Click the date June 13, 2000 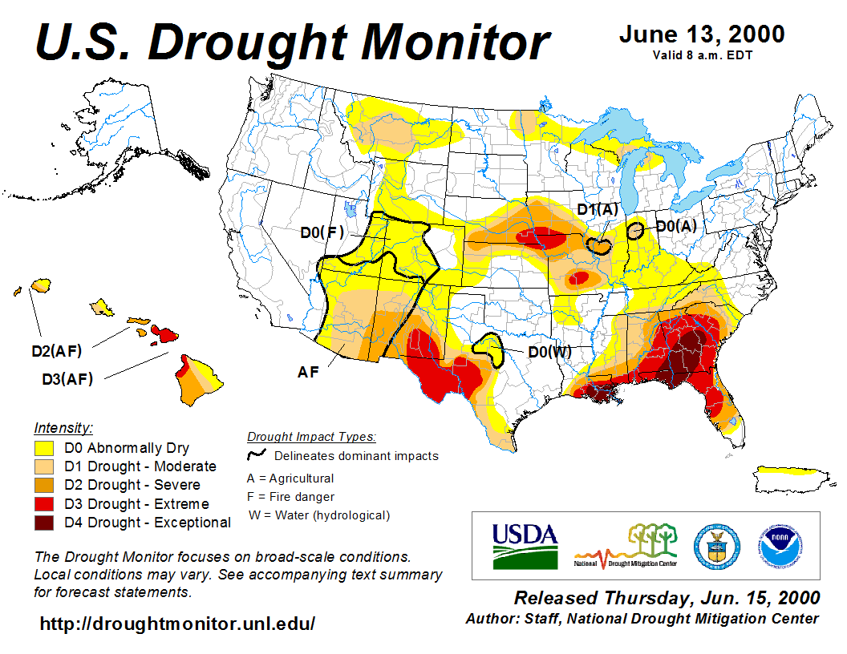(702, 35)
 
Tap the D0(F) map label (322, 232)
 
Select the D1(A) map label (598, 210)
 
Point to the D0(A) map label (675, 226)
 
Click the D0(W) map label (549, 351)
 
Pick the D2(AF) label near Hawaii (57, 350)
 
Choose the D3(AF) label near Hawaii (67, 379)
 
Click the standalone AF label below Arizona (310, 372)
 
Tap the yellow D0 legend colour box (43, 448)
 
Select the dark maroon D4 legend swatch (43, 523)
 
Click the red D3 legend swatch (43, 504)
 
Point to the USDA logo (525, 545)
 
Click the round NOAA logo (776, 545)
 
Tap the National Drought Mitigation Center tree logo (626, 545)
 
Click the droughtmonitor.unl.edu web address (177, 623)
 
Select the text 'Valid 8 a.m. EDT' (702, 55)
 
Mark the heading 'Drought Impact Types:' (311, 437)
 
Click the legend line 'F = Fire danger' (290, 497)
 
